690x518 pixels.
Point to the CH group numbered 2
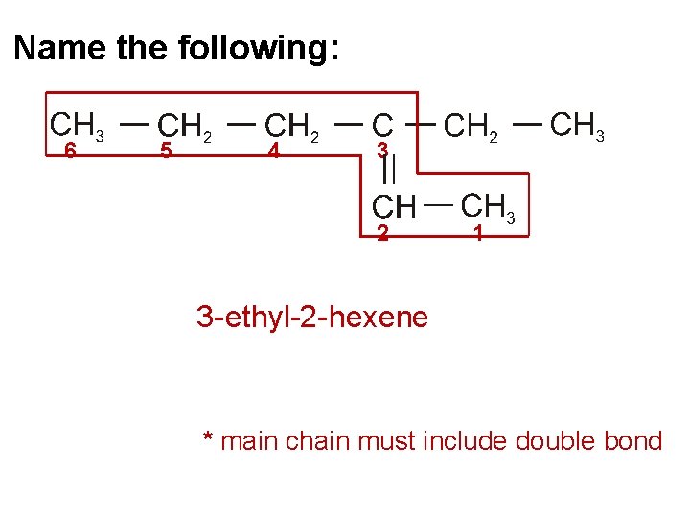[393, 206]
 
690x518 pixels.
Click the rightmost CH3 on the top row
[579, 126]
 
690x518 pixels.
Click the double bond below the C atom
[389, 171]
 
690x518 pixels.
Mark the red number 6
[69, 152]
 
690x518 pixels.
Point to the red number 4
[273, 152]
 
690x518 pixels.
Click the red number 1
[477, 233]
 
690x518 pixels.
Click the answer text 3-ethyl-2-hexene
[311, 316]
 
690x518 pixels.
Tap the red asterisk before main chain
[208, 439]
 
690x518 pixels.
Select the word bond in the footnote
[635, 441]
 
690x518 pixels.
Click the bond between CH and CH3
[439, 204]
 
